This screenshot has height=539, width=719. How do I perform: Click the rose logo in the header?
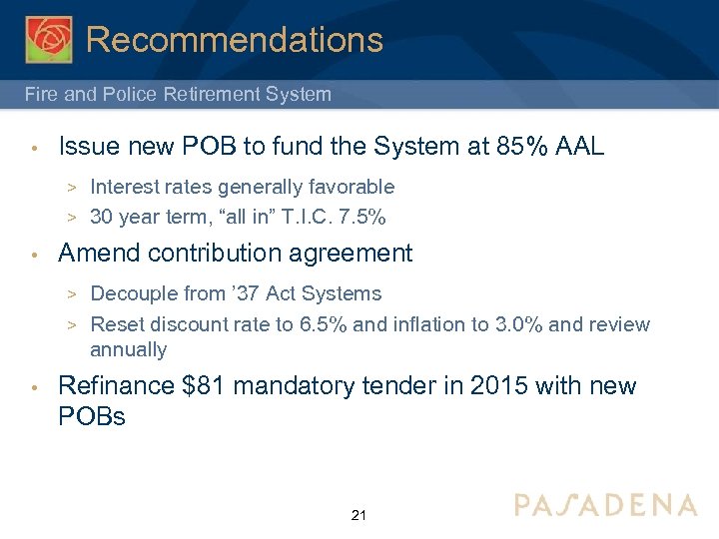pos(49,39)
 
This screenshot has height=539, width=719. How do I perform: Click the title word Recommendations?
pos(235,40)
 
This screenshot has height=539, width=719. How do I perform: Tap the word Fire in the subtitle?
pos(42,95)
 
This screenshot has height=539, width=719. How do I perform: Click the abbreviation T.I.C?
pos(312,217)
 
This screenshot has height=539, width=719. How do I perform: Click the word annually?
pos(128,349)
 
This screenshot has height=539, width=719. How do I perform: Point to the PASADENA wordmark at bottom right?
pos(605,505)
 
